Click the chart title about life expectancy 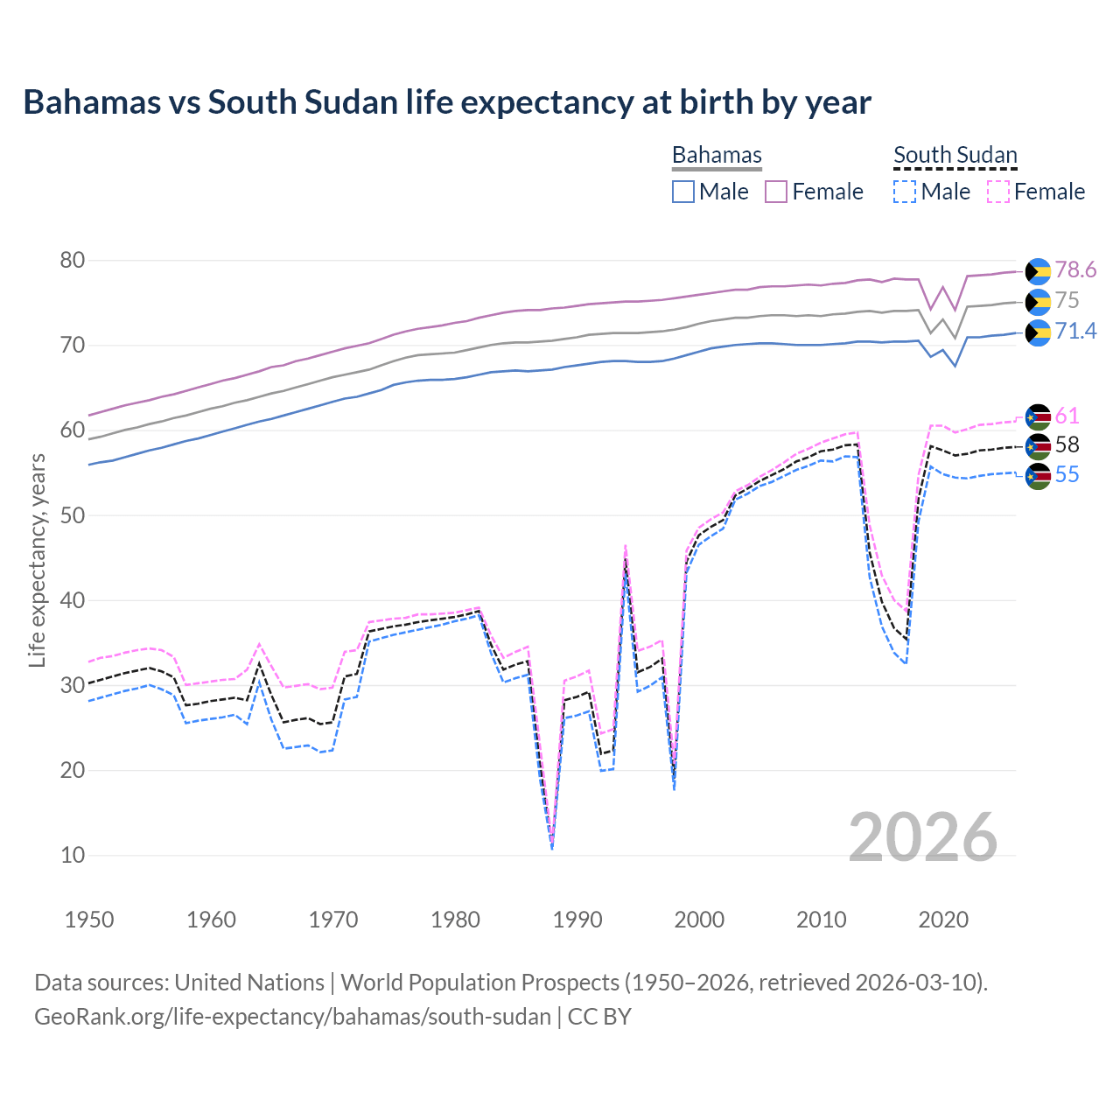pos(447,102)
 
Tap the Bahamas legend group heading pos(717,155)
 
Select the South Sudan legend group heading pos(955,155)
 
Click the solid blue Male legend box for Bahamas pos(683,192)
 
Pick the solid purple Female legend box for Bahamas pos(776,192)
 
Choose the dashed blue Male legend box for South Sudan pos(905,192)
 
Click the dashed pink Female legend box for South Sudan pos(998,192)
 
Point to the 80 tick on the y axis pos(73,260)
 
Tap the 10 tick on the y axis pos(73,855)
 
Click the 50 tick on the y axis pos(73,515)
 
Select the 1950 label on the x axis pos(89,920)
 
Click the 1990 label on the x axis pos(577,920)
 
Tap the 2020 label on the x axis pos(943,920)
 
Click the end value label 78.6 pos(1075,270)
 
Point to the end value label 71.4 pos(1075,331)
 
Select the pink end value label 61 pos(1067,416)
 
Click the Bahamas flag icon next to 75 pos(1038,302)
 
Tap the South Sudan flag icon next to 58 pos(1038,446)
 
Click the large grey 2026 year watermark pos(923,837)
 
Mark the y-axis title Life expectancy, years pos(37,560)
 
